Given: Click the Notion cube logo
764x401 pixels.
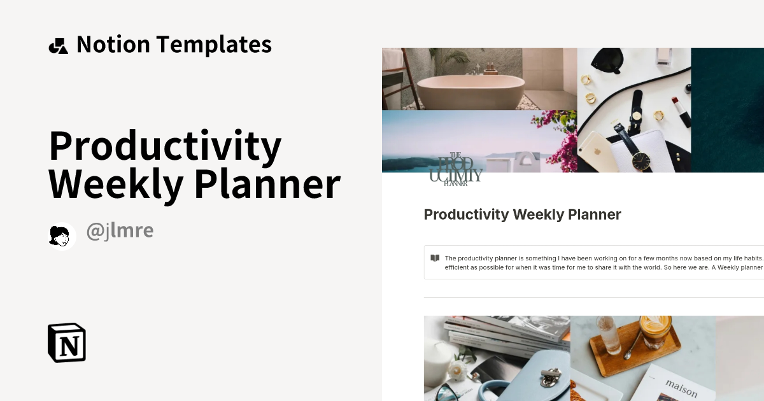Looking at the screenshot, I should [x=67, y=342].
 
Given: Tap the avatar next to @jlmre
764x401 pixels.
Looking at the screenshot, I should [x=62, y=236].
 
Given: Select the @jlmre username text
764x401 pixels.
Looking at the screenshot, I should [x=120, y=231].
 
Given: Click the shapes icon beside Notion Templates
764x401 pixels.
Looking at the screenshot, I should [x=58, y=45].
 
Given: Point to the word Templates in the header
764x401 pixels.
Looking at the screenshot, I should [x=214, y=45].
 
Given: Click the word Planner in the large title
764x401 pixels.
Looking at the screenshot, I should [x=267, y=185].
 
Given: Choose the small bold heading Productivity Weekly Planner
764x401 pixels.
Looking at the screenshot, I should [x=522, y=215].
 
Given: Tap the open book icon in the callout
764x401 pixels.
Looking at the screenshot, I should [x=435, y=258].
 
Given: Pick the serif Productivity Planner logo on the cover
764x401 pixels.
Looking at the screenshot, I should [x=455, y=170].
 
